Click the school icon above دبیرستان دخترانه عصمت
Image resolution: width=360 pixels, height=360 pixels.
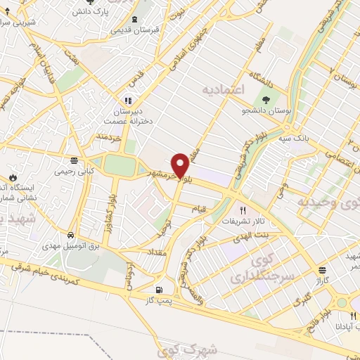point(128,100)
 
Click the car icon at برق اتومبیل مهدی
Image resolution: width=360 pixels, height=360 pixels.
point(72,235)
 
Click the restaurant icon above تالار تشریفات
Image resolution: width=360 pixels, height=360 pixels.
point(243,210)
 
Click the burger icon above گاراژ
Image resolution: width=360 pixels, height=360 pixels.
point(322,270)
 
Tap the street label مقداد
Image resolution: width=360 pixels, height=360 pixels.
point(155,251)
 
